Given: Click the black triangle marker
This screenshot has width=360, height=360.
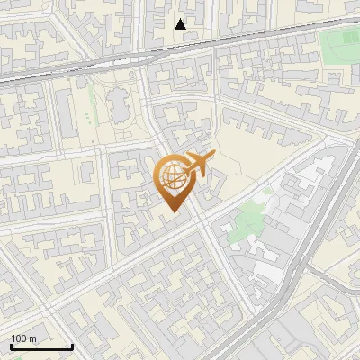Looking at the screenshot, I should (x=181, y=24).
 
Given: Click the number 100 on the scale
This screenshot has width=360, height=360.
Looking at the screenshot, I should (x=20, y=338).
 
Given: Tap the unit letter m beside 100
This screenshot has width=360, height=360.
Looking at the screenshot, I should (x=32, y=338).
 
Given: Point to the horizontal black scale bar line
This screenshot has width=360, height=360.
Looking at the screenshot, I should (x=41, y=346).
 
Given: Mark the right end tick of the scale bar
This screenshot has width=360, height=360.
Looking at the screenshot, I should (x=72, y=345).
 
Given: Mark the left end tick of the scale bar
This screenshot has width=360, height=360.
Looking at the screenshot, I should (x=11, y=345).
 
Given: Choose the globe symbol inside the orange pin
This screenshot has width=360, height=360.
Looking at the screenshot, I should (x=171, y=177).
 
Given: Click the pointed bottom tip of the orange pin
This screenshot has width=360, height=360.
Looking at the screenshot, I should (x=171, y=212).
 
